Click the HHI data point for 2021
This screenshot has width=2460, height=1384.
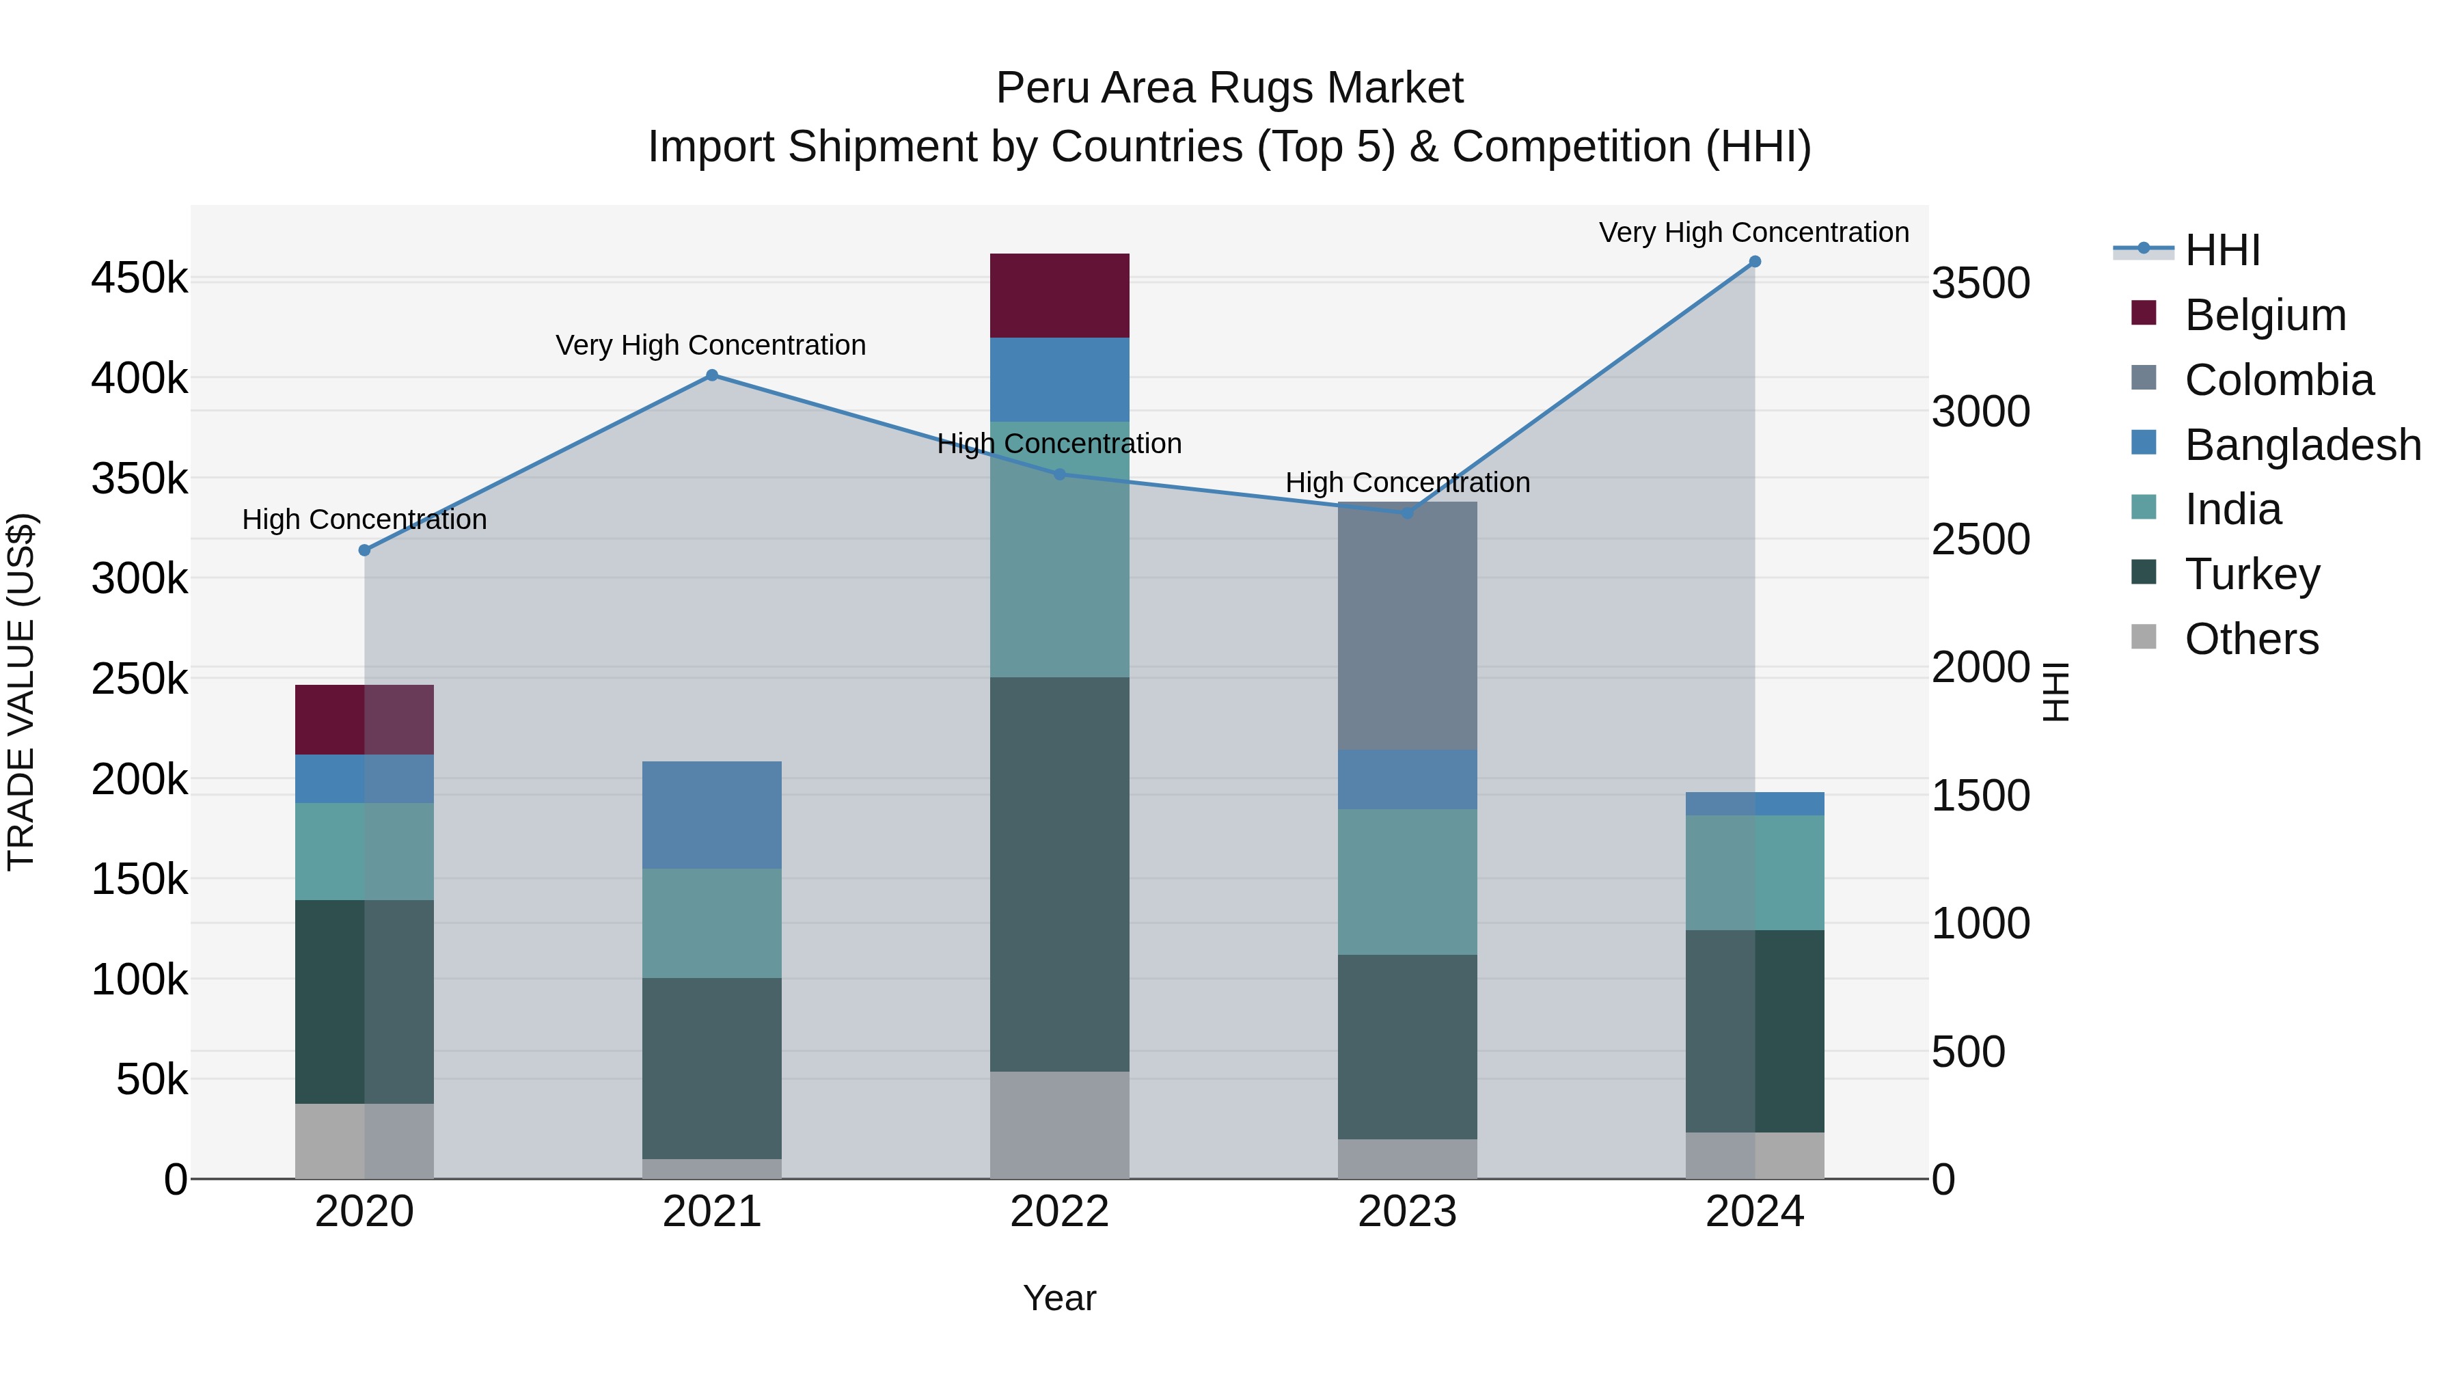click(711, 375)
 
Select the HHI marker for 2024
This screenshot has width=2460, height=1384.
click(1754, 262)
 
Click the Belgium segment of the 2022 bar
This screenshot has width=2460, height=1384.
click(1059, 295)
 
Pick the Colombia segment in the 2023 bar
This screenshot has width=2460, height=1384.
click(1407, 625)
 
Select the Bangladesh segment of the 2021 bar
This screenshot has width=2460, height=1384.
click(711, 815)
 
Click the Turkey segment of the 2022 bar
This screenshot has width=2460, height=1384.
click(1059, 874)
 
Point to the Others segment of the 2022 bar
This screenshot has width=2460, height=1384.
click(1059, 1124)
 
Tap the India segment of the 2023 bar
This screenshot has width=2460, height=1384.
click(1407, 882)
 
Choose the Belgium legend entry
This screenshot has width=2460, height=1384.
click(2265, 315)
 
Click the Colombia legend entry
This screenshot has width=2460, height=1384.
click(2278, 380)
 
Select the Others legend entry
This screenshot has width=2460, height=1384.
click(2251, 639)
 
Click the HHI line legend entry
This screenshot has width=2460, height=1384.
click(2222, 250)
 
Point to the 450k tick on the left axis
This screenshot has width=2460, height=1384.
click(139, 279)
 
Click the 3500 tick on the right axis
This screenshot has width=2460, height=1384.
click(1980, 284)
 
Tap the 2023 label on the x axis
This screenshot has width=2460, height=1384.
click(1407, 1212)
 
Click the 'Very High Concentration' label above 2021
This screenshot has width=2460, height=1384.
click(711, 345)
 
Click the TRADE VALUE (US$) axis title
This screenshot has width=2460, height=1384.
click(21, 692)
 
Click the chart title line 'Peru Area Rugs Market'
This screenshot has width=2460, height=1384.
click(1229, 88)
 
